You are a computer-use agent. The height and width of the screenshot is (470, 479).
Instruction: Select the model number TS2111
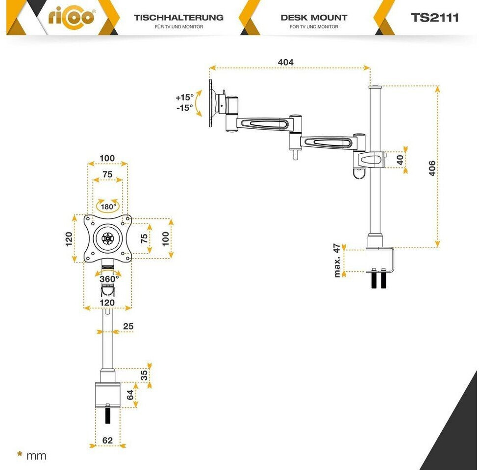(x=435, y=18)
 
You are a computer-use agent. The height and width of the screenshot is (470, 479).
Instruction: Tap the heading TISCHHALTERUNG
(x=178, y=18)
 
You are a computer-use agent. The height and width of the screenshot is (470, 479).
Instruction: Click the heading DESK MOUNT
(x=314, y=18)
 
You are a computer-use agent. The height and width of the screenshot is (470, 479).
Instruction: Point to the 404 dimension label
(x=285, y=62)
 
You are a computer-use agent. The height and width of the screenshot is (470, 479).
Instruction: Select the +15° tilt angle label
(x=185, y=97)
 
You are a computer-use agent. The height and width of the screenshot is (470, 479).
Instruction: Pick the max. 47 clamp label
(x=337, y=261)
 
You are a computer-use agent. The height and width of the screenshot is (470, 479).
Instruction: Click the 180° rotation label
(x=108, y=206)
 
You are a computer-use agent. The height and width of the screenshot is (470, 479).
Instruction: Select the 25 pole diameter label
(x=128, y=326)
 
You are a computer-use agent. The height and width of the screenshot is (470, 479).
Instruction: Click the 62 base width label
(x=107, y=440)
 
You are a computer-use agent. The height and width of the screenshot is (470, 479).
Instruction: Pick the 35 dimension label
(x=144, y=375)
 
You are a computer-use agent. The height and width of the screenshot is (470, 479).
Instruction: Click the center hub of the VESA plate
(x=107, y=239)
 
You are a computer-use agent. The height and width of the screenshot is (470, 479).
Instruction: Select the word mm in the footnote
(x=37, y=456)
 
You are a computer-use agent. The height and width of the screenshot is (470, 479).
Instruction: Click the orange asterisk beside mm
(x=20, y=454)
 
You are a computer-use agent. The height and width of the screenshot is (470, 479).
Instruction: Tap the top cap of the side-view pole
(x=375, y=87)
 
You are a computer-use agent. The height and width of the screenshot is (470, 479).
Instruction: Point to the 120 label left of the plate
(x=69, y=239)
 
